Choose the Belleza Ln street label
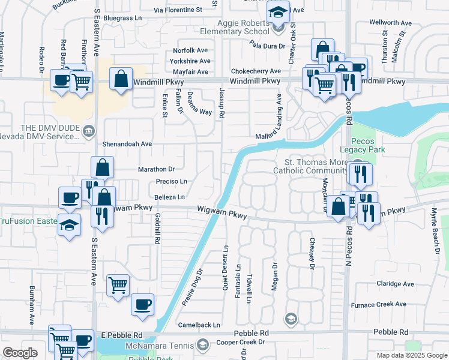(169, 196)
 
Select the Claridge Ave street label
(395, 284)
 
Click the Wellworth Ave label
(391, 23)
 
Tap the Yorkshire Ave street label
(190, 61)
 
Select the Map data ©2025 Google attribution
(412, 355)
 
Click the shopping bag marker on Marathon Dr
(102, 167)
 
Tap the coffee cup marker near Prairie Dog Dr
(142, 304)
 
